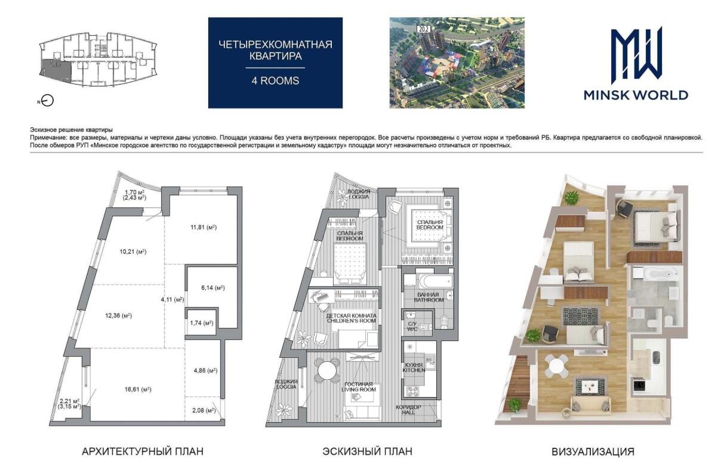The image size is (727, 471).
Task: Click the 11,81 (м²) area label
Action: [204, 227]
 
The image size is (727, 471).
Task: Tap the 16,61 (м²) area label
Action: [138, 389]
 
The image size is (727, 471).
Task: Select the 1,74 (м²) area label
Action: [202, 323]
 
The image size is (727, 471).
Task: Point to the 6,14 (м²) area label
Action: [213, 287]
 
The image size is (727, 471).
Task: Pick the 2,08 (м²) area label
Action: [204, 410]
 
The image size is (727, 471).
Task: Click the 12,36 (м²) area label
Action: [118, 315]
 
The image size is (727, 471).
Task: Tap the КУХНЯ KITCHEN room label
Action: [414, 367]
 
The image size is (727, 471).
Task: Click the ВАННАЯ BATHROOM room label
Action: [429, 298]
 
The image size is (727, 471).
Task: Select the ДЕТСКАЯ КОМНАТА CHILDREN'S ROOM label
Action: [351, 318]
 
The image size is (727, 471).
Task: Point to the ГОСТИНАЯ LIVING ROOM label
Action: [359, 387]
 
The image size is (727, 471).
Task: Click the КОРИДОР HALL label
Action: [408, 410]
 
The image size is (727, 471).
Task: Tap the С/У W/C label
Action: [412, 326]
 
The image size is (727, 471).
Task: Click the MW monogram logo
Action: [636, 55]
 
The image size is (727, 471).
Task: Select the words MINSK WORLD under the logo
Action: [636, 95]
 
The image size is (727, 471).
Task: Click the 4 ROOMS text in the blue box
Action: [275, 80]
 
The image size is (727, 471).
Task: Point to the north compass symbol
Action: [48, 101]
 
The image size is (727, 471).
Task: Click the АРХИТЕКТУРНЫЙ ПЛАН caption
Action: [143, 451]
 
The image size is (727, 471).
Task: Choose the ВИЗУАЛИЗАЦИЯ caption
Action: [593, 451]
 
